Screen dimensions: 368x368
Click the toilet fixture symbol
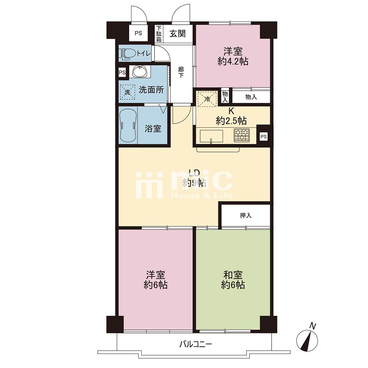pos(127,54)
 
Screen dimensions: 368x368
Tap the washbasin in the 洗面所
pos(140,71)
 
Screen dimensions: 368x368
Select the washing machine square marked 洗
pos(127,92)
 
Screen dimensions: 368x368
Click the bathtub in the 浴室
pos(128,125)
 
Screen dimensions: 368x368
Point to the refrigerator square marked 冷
pos(208,99)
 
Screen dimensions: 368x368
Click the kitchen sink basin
pos(211,136)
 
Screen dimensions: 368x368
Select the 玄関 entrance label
pos(178,33)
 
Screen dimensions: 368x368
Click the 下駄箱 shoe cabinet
pos(159,34)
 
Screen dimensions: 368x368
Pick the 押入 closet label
pos(246,215)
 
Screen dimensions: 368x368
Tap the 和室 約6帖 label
pos(233,280)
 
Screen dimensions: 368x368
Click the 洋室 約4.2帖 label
pos(233,57)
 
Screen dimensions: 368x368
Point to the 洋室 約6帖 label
pos(155,280)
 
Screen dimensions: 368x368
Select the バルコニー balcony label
pos(195,344)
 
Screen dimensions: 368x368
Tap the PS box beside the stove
pos(263,137)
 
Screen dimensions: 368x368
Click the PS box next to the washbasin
pos(122,72)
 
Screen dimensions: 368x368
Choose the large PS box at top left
pos(138,33)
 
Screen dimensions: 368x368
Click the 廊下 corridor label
pos(181,72)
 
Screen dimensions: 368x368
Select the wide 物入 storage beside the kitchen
pos(251,97)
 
